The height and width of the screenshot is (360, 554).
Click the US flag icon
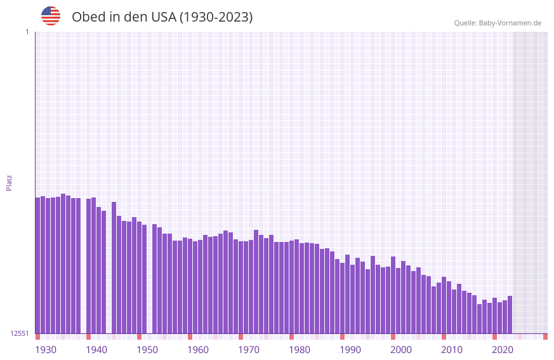tap(51, 16)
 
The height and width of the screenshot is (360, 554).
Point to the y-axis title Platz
tap(9, 182)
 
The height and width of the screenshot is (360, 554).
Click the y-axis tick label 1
tap(27, 32)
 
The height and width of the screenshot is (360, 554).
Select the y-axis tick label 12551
tap(20, 333)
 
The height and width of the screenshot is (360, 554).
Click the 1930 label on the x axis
tap(46, 350)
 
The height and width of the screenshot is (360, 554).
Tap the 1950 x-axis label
tap(147, 350)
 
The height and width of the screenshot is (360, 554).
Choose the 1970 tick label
tap(249, 350)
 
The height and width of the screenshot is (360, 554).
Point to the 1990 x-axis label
tap(350, 350)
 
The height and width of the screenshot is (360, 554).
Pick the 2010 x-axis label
tap(452, 350)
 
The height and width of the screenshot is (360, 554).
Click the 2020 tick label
tap(503, 350)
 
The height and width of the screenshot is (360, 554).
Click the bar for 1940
tap(89, 266)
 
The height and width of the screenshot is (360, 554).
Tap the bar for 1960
tap(190, 286)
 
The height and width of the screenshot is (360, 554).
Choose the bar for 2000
tap(393, 295)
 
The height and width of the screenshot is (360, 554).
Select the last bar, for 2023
tap(510, 315)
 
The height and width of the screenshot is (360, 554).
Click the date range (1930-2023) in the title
tap(216, 17)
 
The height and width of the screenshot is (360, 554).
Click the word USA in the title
tap(164, 17)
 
